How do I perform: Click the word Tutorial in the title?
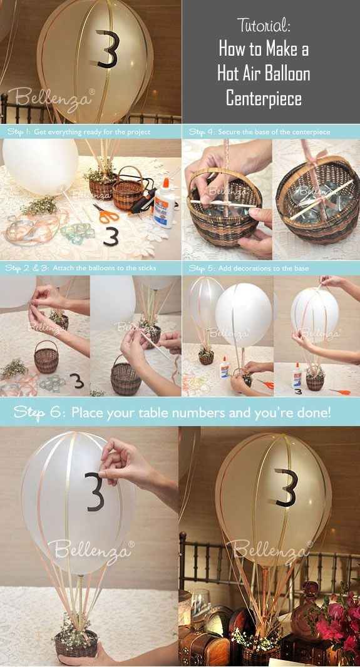pyautogui.click(x=264, y=26)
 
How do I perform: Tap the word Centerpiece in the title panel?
pyautogui.click(x=264, y=98)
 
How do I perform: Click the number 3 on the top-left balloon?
pyautogui.click(x=107, y=49)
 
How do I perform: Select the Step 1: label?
pyautogui.click(x=19, y=132)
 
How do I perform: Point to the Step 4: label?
pyautogui.click(x=202, y=132)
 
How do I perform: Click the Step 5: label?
pyautogui.click(x=202, y=268)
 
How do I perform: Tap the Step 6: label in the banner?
pyautogui.click(x=38, y=412)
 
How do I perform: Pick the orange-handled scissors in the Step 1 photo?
pyautogui.click(x=106, y=215)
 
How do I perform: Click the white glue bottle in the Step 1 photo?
pyautogui.click(x=163, y=204)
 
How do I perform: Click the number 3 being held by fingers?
pyautogui.click(x=95, y=491)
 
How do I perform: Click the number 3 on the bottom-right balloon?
pyautogui.click(x=284, y=487)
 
